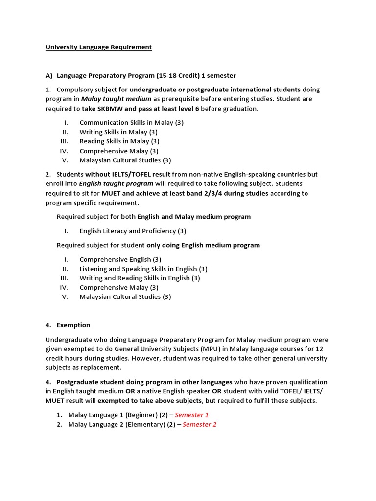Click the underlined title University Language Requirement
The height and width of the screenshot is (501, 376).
tap(98, 47)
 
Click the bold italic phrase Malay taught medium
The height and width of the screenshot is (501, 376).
tap(116, 99)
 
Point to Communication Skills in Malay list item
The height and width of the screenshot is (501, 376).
tap(131, 123)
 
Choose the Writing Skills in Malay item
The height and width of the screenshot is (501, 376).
tap(118, 132)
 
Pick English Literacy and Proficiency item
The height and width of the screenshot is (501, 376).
tap(133, 231)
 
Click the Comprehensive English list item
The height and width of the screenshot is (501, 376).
tap(120, 260)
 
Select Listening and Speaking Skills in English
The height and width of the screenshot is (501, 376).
tap(143, 269)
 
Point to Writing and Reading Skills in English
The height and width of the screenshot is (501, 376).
tap(140, 278)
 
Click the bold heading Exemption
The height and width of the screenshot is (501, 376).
tap(73, 325)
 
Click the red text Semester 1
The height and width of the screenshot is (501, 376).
tap(191, 415)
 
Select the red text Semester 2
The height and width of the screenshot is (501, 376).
tap(199, 425)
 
